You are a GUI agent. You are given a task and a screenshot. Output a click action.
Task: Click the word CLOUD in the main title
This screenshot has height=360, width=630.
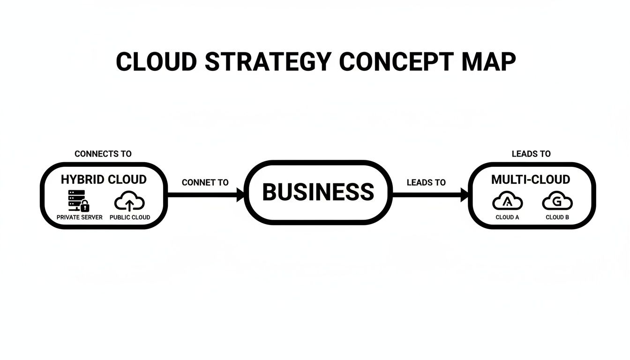click(x=156, y=62)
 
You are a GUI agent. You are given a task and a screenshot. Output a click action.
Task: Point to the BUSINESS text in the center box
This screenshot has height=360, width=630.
click(x=318, y=192)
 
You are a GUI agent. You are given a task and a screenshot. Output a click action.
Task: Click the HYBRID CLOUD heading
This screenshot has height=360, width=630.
click(x=104, y=180)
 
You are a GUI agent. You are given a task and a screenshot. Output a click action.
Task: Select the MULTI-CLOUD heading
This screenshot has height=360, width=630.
click(x=531, y=180)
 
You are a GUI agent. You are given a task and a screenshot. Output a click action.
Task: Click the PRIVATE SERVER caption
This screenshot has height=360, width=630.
click(x=79, y=217)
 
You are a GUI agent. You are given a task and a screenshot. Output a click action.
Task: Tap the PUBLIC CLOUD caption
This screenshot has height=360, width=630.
click(x=130, y=217)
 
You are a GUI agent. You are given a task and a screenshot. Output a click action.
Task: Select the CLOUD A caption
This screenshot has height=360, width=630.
click(x=507, y=217)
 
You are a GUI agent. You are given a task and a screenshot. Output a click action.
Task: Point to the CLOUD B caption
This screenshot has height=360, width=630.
click(x=557, y=217)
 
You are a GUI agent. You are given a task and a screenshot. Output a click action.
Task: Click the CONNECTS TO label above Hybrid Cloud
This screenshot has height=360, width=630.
click(x=103, y=154)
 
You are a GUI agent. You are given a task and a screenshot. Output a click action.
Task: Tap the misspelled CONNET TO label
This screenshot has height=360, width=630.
click(x=205, y=182)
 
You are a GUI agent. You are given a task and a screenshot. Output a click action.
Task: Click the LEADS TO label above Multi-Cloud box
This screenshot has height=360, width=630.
click(x=531, y=154)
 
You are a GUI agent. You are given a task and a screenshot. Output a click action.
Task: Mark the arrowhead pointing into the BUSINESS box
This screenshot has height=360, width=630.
click(x=241, y=194)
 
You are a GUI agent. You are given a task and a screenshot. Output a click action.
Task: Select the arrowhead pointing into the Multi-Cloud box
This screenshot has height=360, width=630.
click(x=465, y=194)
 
